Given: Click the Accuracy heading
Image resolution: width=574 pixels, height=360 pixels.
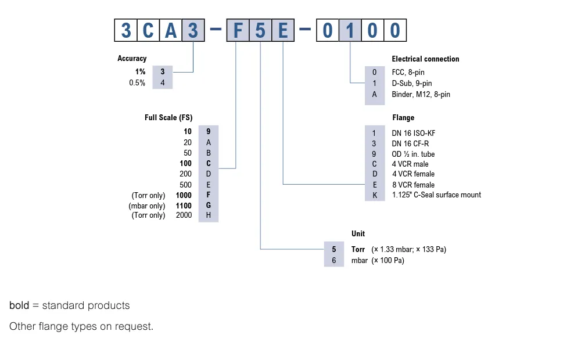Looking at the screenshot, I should point(132,59).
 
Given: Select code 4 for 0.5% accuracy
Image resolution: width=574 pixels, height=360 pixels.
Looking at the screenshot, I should point(163,83).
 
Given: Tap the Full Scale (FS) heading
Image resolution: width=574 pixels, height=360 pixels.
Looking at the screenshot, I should point(168,117).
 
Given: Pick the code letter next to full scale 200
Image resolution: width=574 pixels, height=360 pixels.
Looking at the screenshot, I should point(209,174).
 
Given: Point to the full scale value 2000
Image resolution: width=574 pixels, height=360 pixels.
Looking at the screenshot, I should point(184,215).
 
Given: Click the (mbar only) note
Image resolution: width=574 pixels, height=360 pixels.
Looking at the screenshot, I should point(147,206).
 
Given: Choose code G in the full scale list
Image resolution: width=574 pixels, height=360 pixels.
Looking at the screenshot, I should point(209,206).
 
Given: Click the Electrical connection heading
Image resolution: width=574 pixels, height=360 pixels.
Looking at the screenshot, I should point(425,59).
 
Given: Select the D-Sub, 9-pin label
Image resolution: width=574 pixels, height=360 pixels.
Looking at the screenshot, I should point(412,84).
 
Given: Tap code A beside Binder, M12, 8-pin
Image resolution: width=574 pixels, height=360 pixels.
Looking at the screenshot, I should point(375,94).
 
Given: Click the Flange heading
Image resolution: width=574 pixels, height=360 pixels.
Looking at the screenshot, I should point(403,118).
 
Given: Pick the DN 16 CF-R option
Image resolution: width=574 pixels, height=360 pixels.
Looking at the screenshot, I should point(410,143).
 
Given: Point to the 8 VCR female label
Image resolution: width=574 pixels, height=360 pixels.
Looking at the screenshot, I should point(413,185).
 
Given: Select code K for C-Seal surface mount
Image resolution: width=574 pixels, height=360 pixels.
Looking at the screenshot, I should point(375,195).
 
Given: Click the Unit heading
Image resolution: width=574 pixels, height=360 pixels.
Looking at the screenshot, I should point(358,233).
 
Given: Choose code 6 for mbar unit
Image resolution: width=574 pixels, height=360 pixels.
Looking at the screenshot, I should point(334,261).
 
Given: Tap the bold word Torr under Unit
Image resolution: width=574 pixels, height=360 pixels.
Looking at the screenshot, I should point(358,250).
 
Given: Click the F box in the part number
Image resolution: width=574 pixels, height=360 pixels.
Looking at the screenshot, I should point(238,30).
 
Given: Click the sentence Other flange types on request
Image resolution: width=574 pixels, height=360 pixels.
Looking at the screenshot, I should point(81,326).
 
